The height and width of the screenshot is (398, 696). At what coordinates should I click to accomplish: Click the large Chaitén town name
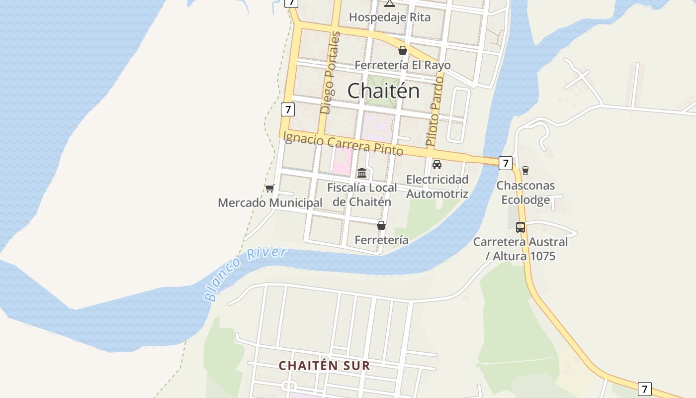383,91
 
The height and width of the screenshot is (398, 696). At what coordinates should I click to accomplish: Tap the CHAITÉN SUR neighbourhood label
324,366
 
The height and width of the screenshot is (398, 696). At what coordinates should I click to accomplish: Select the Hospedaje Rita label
390,17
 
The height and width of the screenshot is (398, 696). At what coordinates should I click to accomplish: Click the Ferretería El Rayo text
403,65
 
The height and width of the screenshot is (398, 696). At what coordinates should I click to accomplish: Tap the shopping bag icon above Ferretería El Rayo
403,50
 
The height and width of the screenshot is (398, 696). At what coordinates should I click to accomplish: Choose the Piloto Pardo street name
435,110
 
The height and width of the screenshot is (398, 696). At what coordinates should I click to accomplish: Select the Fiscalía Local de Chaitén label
362,195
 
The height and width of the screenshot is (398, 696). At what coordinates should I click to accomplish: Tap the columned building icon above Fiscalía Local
362,173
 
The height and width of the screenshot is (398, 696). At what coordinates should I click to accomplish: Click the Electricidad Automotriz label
437,187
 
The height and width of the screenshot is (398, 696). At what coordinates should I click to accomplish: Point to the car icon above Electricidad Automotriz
437,165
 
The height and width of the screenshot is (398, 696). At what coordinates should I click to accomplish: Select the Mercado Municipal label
270,203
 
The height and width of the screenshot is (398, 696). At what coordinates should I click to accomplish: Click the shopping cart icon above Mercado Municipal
269,188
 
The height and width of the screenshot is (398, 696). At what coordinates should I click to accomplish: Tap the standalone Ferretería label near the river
381,240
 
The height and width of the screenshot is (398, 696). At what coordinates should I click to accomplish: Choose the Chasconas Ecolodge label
525,193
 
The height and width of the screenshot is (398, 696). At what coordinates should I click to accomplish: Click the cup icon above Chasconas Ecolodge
525,171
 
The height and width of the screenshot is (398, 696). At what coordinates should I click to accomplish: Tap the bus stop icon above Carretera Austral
521,227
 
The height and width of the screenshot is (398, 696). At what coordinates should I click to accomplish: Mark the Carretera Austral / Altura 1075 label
521,249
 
